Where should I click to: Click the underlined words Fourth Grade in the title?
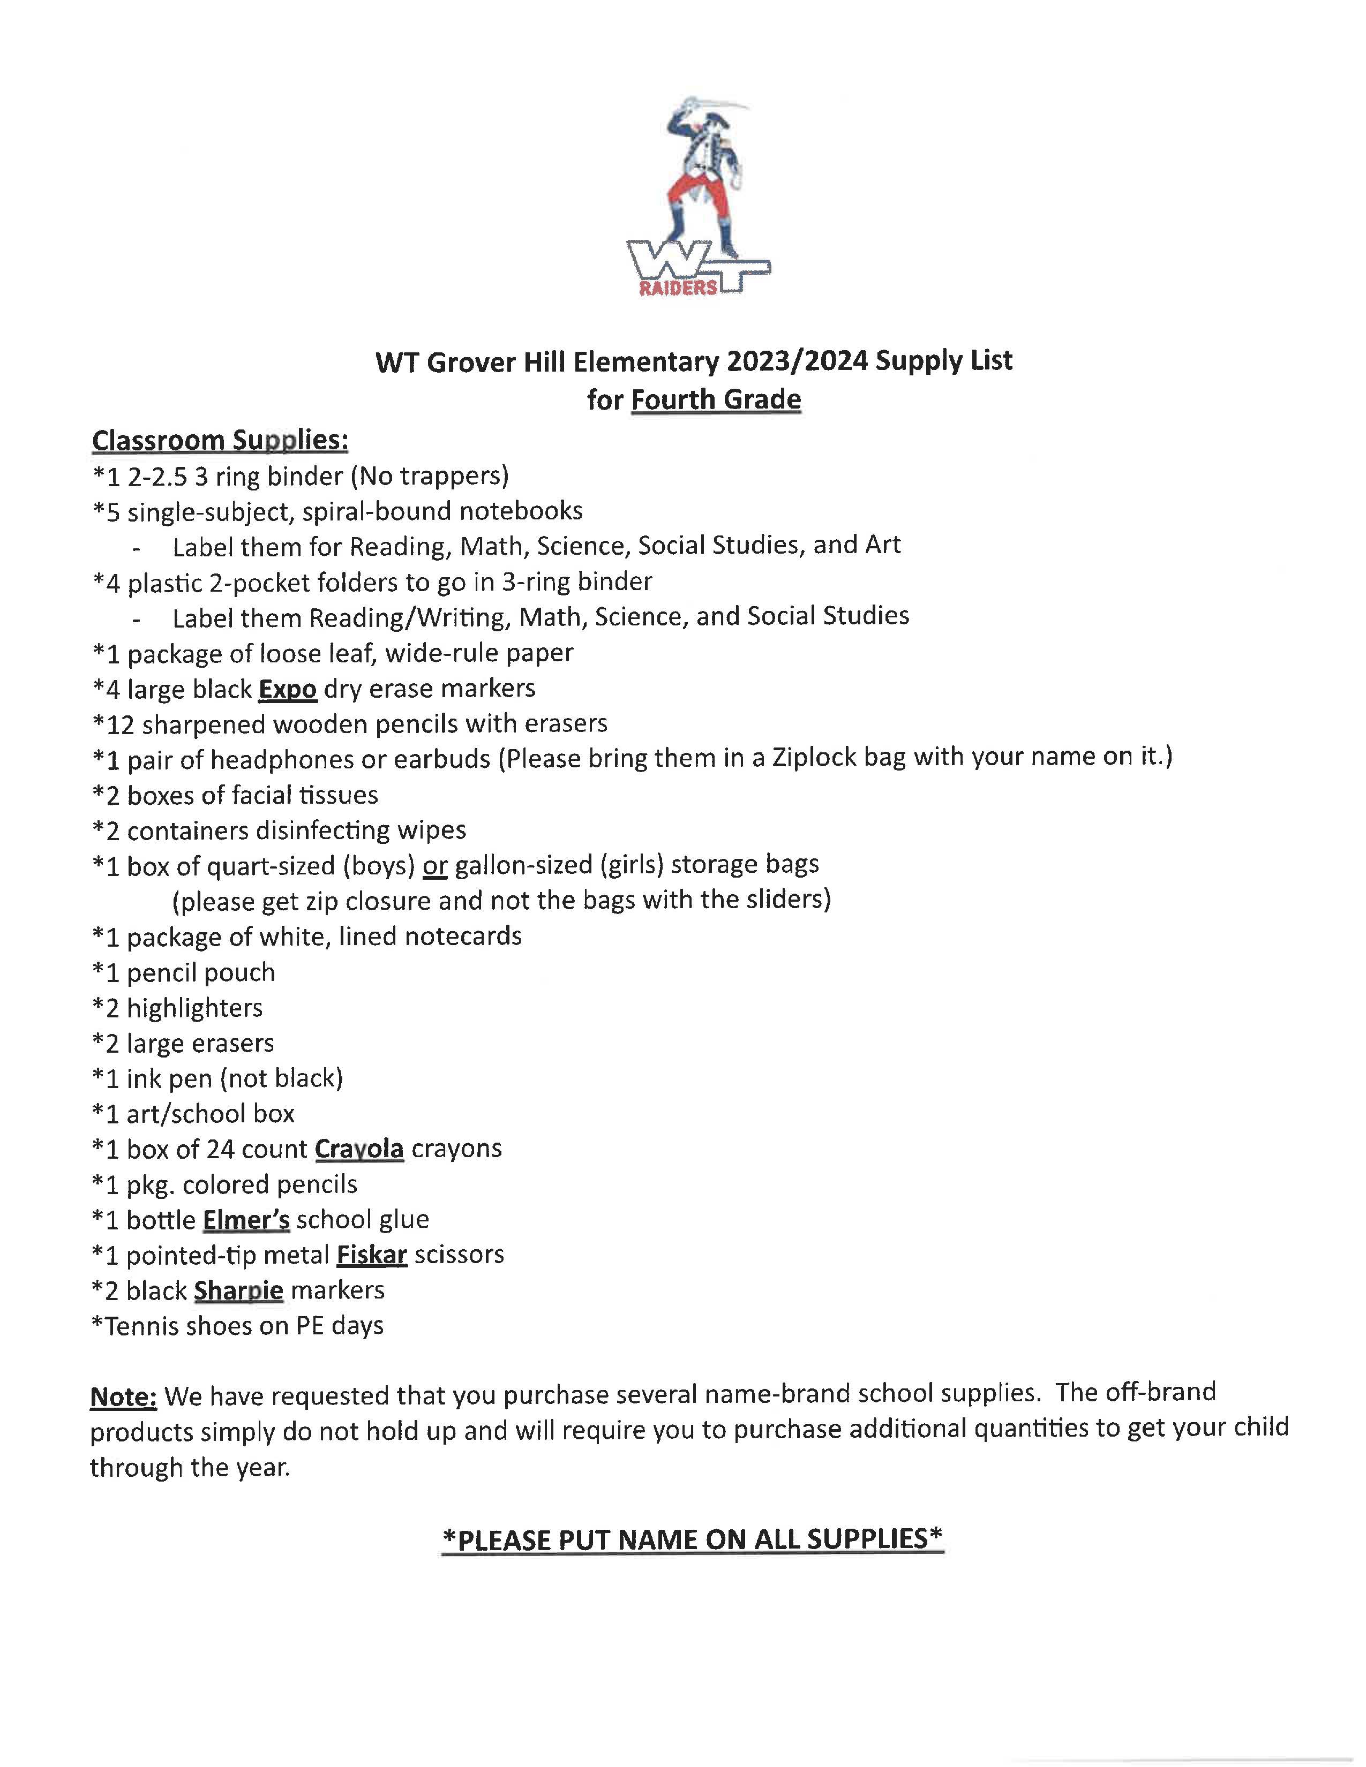pos(716,399)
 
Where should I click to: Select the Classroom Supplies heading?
pos(220,440)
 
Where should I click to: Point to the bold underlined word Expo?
pos(287,689)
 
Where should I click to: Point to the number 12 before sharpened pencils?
pos(120,724)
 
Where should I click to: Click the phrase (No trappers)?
pos(429,475)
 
